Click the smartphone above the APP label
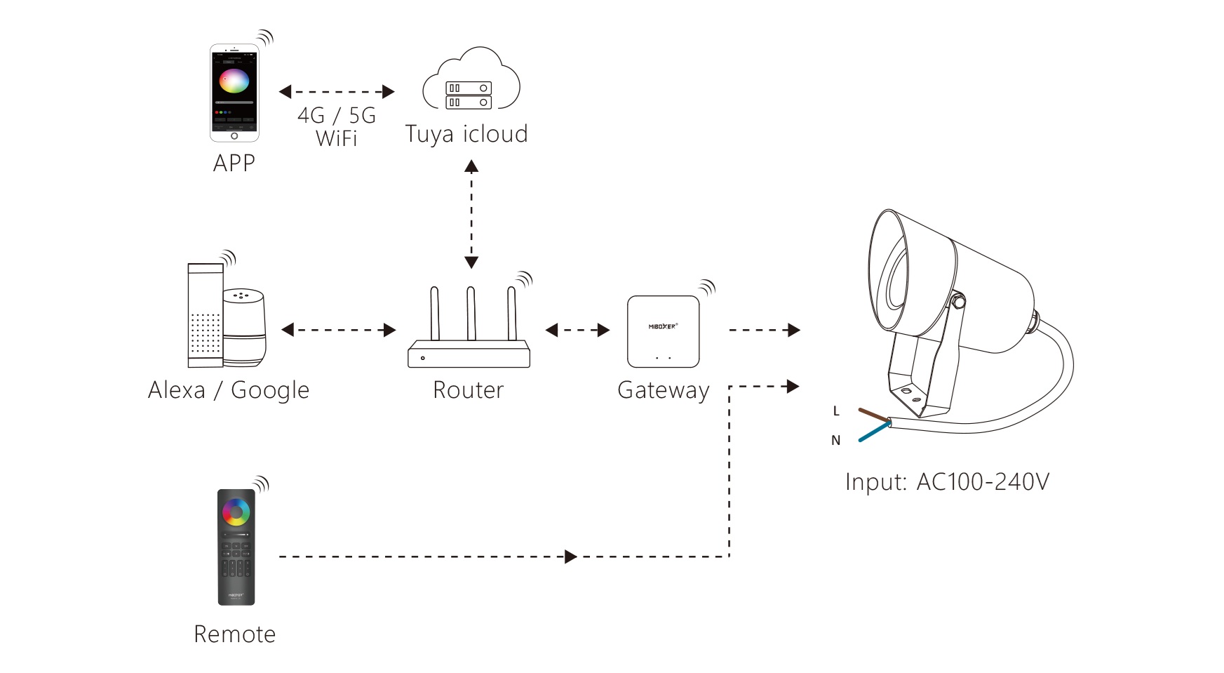234,93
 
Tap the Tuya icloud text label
466,134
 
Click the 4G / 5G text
337,115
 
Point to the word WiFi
337,139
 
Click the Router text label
468,390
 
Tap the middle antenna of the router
471,314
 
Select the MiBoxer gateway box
663,331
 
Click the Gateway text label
663,390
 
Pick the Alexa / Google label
229,390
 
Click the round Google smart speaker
245,327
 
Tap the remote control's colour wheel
236,512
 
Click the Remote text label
234,634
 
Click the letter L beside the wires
836,411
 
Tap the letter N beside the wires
835,441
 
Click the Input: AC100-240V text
947,482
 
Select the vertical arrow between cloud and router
471,214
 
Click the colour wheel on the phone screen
234,81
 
